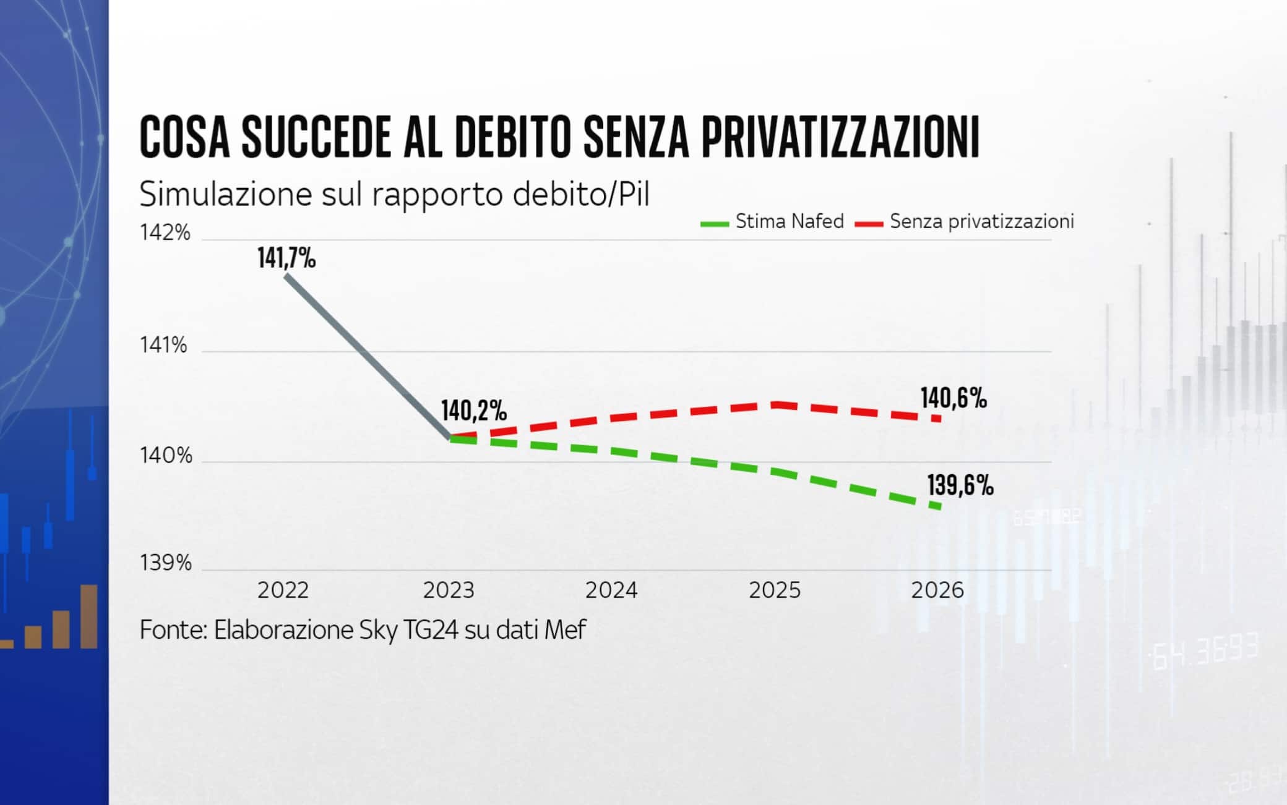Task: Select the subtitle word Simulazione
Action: pyautogui.click(x=226, y=194)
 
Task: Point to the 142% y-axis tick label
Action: pyautogui.click(x=165, y=233)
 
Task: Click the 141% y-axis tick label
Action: pyautogui.click(x=163, y=345)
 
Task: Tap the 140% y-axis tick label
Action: pyautogui.click(x=166, y=456)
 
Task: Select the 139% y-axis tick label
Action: pyautogui.click(x=165, y=563)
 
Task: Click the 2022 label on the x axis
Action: pyautogui.click(x=283, y=590)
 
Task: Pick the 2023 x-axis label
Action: pyautogui.click(x=449, y=590)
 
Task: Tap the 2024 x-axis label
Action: pyautogui.click(x=611, y=590)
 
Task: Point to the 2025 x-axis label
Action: pyautogui.click(x=775, y=590)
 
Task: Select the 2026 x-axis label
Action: pyautogui.click(x=937, y=590)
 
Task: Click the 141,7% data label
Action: pyautogui.click(x=286, y=258)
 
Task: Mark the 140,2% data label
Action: pyautogui.click(x=474, y=411)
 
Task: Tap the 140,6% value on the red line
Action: pyautogui.click(x=953, y=398)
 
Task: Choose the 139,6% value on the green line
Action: pyautogui.click(x=960, y=486)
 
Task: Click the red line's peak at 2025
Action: pyautogui.click(x=775, y=404)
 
